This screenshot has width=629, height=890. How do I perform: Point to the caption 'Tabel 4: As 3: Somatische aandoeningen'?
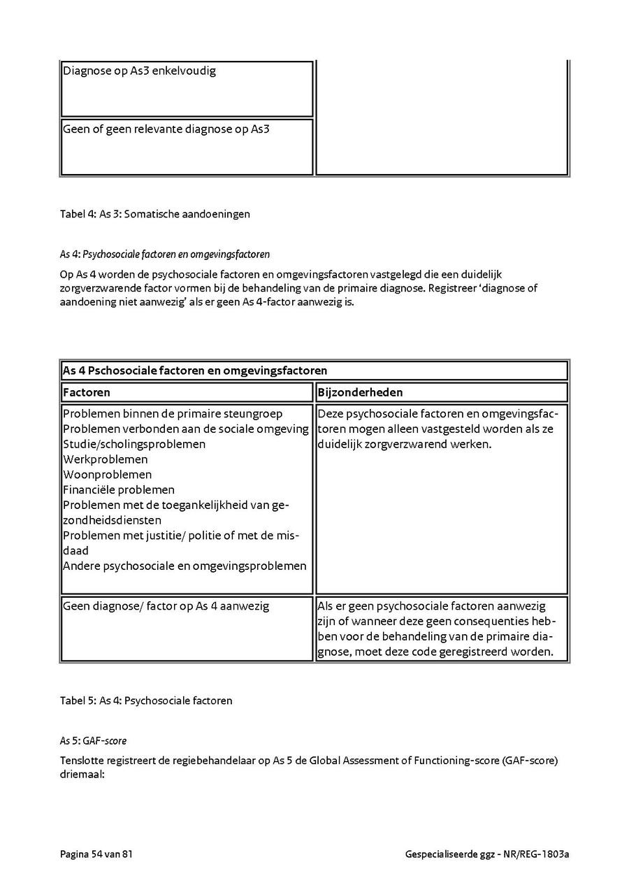pos(154,214)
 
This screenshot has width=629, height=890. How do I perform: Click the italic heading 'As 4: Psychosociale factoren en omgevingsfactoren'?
pos(165,254)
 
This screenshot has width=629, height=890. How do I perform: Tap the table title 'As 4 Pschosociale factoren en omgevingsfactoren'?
pos(195,371)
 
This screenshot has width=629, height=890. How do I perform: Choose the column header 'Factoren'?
pos(87,392)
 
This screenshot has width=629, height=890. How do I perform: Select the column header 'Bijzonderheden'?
pos(360,392)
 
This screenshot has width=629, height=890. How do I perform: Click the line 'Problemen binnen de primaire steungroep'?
pos(173,414)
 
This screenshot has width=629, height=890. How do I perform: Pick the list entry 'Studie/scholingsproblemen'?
pos(134,444)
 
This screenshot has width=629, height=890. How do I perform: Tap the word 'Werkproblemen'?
pos(106,459)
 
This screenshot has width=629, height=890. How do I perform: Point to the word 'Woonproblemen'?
pos(107,475)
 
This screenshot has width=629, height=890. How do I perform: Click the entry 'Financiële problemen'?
pos(119,490)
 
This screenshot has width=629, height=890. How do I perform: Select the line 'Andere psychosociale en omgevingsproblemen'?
pos(185,566)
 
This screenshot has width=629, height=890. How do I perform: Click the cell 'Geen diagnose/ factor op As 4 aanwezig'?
pos(166,606)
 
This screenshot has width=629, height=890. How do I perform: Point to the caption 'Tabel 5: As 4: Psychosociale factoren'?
pos(146,700)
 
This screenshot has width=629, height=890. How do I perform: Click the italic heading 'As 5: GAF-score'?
pos(93,740)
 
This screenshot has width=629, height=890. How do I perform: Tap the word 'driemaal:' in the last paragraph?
pos(82,775)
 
